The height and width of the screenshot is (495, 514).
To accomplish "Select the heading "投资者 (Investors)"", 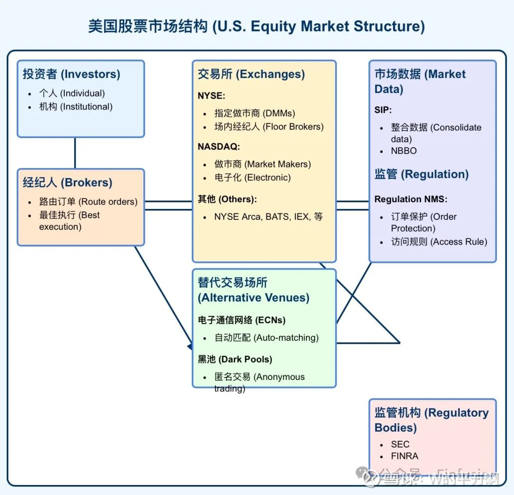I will (x=71, y=74).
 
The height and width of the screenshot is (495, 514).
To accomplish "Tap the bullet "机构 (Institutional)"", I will (x=76, y=107).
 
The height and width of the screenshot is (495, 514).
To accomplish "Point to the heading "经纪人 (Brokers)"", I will (x=68, y=182).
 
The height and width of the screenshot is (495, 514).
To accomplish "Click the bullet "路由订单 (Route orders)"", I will (x=89, y=201).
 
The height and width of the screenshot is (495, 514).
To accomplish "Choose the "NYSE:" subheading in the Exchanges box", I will (x=211, y=96).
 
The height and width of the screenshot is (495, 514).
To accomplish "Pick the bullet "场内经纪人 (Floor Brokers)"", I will (x=269, y=127).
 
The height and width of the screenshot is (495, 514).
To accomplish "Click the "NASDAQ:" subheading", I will (x=219, y=147).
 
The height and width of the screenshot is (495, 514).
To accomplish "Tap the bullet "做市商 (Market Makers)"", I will (x=263, y=164).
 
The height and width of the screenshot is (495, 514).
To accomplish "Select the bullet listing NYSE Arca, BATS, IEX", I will (x=268, y=217).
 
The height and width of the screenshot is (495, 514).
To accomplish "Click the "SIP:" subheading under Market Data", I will (x=383, y=110).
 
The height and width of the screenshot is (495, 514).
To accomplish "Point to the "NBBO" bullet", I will (x=404, y=151).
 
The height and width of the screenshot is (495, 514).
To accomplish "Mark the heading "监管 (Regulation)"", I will (x=422, y=174).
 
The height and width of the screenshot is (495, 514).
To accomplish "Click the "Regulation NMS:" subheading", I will (x=411, y=199).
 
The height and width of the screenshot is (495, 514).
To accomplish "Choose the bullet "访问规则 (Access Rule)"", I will (x=439, y=242).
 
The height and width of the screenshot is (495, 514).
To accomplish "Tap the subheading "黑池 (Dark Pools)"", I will (x=235, y=359).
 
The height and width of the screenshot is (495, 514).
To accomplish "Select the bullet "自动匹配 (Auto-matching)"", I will (x=267, y=338).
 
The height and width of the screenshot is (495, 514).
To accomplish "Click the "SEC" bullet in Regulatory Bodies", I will (x=400, y=444).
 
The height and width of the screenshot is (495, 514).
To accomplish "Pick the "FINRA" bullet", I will (x=405, y=456).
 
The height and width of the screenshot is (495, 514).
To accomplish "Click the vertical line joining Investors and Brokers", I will (x=75, y=153).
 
